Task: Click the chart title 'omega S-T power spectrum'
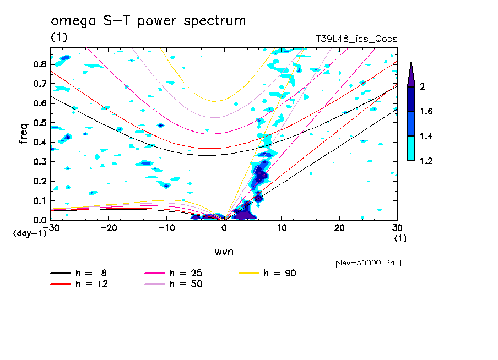[x=148, y=21]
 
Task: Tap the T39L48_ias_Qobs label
[x=356, y=39]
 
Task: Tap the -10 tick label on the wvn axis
[x=166, y=227]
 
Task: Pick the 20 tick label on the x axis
[x=339, y=227]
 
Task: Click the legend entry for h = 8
[x=80, y=273]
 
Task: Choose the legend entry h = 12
[x=80, y=284]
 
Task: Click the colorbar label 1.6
[x=426, y=112]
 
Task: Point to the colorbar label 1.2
[x=426, y=161]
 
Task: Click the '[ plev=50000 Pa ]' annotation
[x=364, y=263]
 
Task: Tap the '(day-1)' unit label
[x=29, y=233]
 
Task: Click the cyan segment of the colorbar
[x=411, y=148]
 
